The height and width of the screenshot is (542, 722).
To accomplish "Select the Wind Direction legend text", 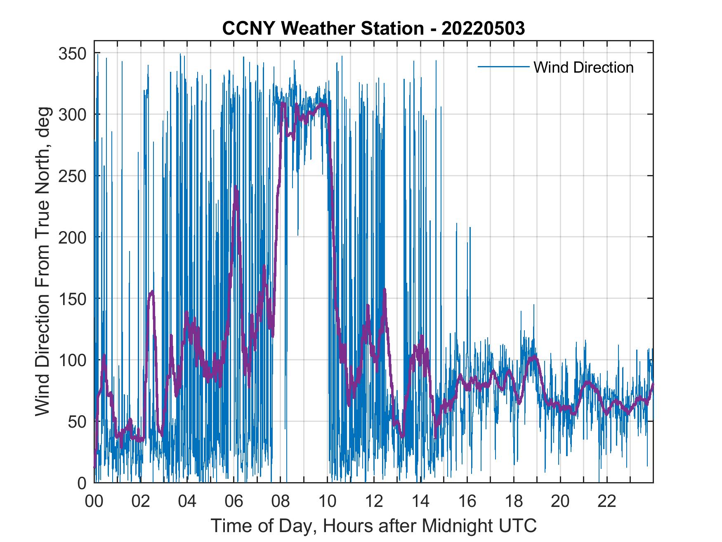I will click(583, 67).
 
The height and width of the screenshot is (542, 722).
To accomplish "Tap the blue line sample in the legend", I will click(503, 67).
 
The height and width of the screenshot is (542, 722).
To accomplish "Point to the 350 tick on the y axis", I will click(73, 53).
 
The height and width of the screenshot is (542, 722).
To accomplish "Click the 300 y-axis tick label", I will click(73, 114).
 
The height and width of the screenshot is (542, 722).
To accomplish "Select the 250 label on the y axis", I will click(73, 176).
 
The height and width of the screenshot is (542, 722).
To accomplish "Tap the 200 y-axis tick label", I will click(73, 237).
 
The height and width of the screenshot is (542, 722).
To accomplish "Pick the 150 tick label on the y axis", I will click(73, 298).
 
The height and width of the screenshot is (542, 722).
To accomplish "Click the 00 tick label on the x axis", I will click(94, 502).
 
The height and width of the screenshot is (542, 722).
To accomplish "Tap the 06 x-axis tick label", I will click(234, 502).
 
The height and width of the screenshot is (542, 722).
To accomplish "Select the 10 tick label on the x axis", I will click(327, 502).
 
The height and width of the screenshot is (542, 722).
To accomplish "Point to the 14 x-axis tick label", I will click(420, 502).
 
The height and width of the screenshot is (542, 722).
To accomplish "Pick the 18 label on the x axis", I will click(514, 502).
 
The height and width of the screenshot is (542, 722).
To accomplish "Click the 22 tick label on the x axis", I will click(607, 502).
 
